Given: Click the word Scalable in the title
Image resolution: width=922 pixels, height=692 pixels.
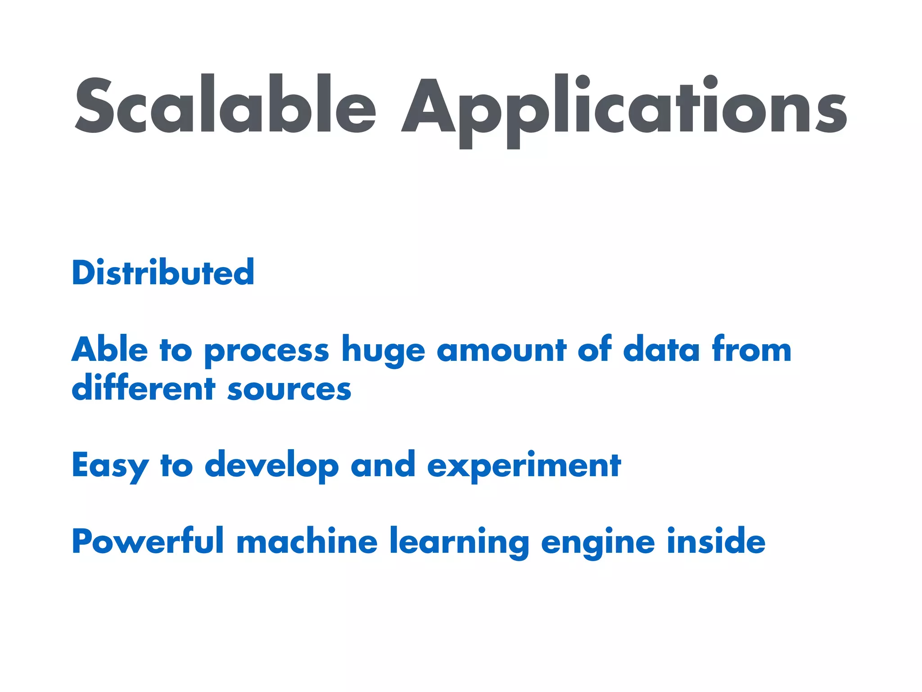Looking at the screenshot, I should [225, 105].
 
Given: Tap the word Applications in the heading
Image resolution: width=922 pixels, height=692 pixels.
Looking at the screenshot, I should [624, 108].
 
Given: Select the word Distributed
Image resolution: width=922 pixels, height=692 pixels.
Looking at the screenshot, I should [163, 273].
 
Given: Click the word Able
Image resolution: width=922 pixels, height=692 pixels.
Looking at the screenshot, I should [109, 350].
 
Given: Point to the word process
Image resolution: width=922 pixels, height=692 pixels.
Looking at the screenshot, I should [267, 351].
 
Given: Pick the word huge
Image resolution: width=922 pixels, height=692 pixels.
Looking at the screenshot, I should [383, 351].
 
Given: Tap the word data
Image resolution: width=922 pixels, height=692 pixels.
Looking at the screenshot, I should [661, 350].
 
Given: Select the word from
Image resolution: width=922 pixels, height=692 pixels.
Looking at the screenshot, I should [751, 350].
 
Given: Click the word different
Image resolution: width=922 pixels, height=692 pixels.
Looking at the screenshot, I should [144, 388].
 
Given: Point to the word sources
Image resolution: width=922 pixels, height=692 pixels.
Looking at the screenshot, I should [289, 390].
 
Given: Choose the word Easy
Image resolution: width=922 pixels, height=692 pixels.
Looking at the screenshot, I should [110, 466].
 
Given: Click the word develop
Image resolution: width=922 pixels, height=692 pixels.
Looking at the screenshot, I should [271, 466].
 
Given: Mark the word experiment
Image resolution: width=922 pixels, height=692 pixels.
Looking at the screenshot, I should [524, 466].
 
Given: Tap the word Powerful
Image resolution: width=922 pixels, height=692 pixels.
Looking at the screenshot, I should [148, 541].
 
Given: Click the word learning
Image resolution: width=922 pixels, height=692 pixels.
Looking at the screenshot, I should [459, 542].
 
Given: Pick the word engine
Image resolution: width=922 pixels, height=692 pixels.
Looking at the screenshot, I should [598, 542].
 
